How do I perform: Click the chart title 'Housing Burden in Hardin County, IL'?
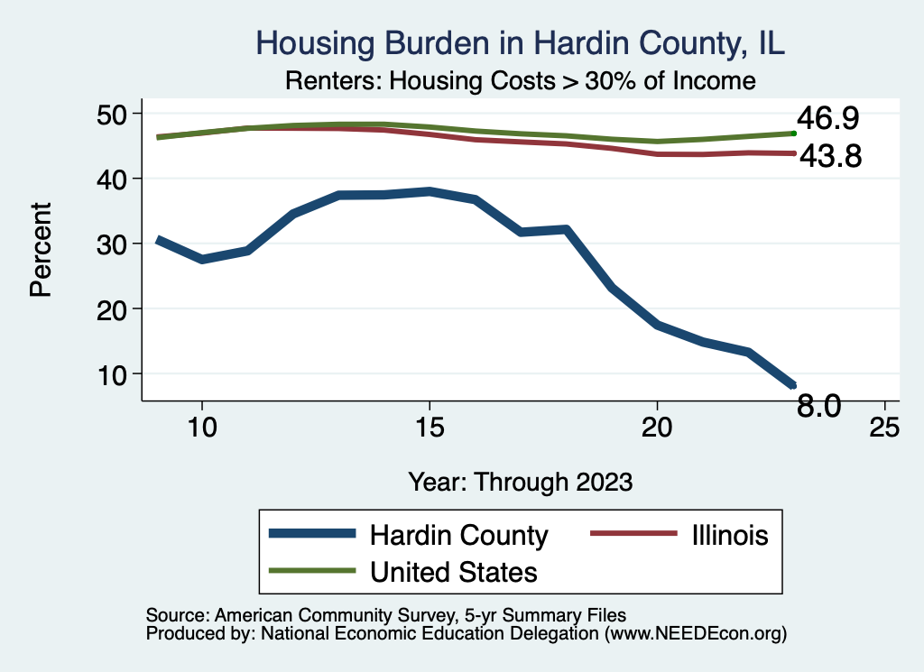(x=522, y=43)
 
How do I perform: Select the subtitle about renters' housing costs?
(x=520, y=81)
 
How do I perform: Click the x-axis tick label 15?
(x=429, y=427)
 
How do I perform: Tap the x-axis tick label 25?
(x=884, y=427)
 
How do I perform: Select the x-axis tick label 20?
(x=657, y=427)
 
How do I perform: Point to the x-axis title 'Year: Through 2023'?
(x=520, y=481)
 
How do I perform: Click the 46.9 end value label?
(x=827, y=119)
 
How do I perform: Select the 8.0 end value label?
(x=818, y=407)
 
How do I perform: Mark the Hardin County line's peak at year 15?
(x=430, y=191)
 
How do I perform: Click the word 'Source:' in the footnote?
(x=177, y=615)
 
